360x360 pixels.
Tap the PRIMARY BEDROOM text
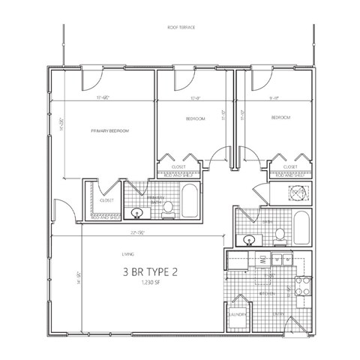(110, 131)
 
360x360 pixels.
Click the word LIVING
(117, 256)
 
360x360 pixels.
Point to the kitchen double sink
(281, 260)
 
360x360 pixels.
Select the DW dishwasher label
(264, 260)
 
